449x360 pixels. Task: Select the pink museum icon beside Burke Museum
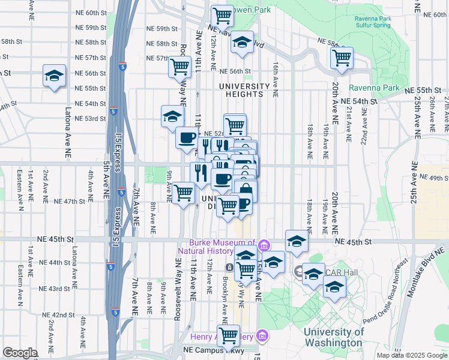coord(263,245)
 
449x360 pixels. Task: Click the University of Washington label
coord(333,337)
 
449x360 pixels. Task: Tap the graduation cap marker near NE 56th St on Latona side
coord(54,76)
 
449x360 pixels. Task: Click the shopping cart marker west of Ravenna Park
coord(341,58)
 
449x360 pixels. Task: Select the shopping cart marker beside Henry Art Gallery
coord(228,336)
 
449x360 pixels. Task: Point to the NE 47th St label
coord(69,201)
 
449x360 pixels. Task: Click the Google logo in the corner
coord(20,353)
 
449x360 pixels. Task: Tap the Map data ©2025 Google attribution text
coord(411,355)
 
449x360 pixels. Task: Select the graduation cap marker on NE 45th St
coord(297,241)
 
